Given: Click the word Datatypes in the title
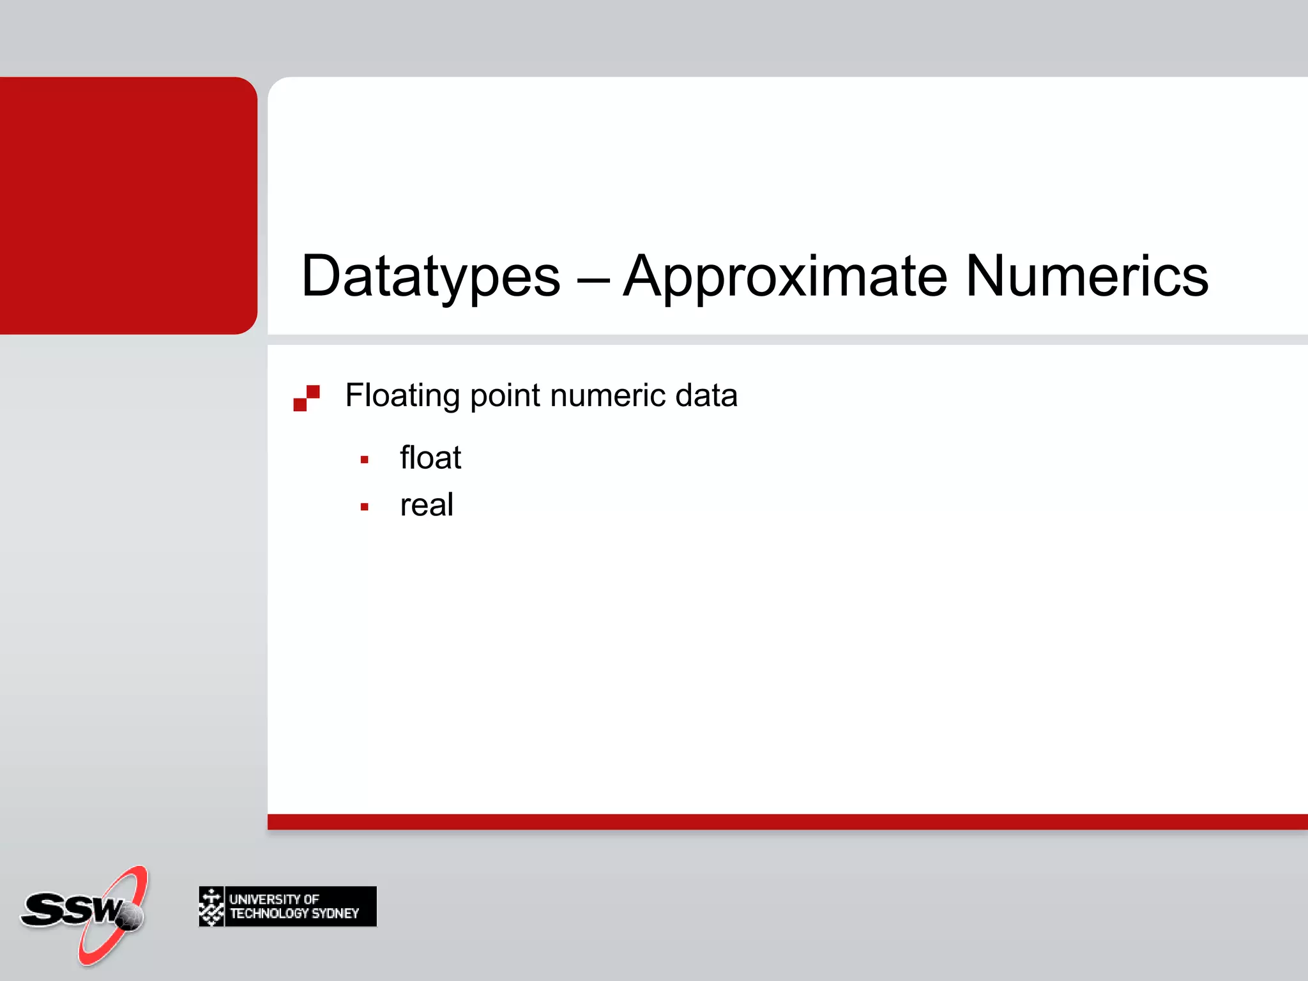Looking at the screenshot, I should (x=430, y=277).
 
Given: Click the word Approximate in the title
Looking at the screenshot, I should (x=786, y=277).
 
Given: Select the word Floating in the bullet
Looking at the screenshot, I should (x=402, y=396).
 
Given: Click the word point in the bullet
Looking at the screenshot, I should (x=505, y=396).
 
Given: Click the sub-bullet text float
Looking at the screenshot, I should (x=430, y=458).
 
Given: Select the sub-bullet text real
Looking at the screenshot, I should (x=427, y=505).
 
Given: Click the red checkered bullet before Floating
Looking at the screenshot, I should (x=307, y=398).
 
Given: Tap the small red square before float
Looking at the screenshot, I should (x=365, y=460).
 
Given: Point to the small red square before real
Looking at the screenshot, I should (x=365, y=507).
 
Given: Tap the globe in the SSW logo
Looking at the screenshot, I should (x=130, y=917).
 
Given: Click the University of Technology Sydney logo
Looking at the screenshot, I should (x=287, y=906).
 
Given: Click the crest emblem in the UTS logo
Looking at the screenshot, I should (x=211, y=906).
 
